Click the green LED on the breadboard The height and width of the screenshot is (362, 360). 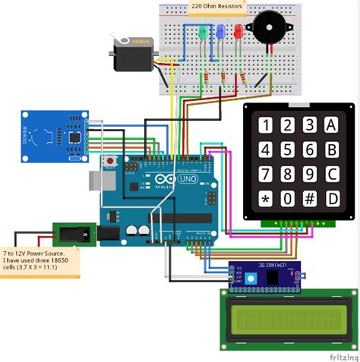tap(203, 33)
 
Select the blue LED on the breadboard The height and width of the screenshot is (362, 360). tap(220, 33)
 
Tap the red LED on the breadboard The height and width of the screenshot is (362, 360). tap(238, 33)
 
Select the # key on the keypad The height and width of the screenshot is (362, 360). tap(309, 200)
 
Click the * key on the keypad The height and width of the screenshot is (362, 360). tap(265, 200)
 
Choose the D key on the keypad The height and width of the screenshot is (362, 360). tap(332, 200)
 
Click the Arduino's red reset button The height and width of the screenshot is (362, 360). tap(111, 161)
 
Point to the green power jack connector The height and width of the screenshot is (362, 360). tap(73, 234)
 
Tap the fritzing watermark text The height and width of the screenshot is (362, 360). tap(343, 354)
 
